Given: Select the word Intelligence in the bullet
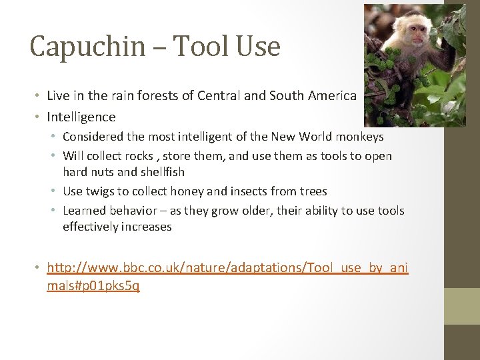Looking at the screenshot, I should [x=81, y=117].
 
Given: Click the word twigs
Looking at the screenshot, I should [x=100, y=191].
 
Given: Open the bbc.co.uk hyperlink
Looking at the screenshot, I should [x=227, y=269].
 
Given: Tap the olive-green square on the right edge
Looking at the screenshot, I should [x=462, y=306].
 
